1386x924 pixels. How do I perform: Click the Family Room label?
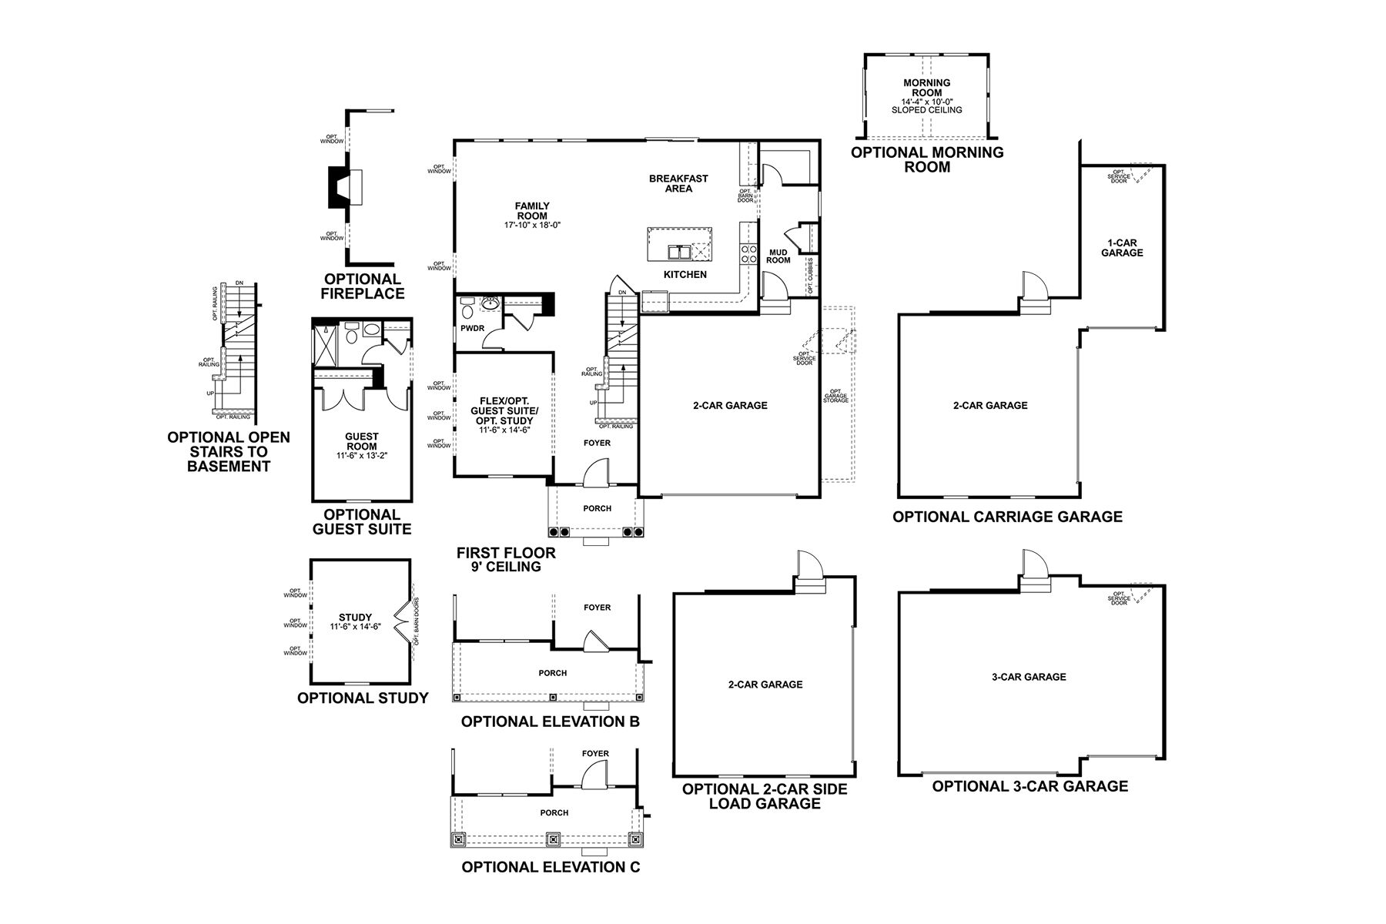click(x=532, y=211)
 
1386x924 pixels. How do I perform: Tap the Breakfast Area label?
click(x=678, y=183)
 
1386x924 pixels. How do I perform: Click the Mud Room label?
click(x=778, y=256)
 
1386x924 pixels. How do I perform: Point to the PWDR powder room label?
click(x=471, y=329)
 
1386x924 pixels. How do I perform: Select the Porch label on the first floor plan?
click(x=597, y=508)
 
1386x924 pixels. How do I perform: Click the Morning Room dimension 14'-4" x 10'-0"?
click(x=927, y=102)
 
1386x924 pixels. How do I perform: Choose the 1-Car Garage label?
click(x=1122, y=247)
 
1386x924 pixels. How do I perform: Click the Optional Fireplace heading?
click(x=363, y=286)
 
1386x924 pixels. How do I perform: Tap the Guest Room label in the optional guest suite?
click(x=361, y=442)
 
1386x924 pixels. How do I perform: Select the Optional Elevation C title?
click(x=551, y=867)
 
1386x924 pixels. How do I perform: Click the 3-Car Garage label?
click(x=1029, y=677)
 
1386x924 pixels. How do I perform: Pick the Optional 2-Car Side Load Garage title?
click(x=765, y=796)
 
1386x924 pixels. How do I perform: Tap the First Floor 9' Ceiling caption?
click(x=506, y=560)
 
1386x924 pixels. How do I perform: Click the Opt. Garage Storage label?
click(x=835, y=396)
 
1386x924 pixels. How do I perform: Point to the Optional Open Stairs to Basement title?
click(x=229, y=451)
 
